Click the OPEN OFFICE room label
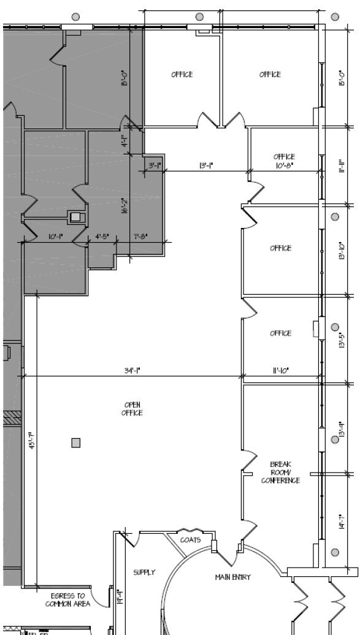tap(132, 409)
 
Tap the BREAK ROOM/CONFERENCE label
tap(280, 473)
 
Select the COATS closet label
tap(190, 540)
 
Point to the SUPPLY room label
tap(144, 572)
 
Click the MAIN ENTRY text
tap(232, 577)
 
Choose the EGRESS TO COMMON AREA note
tap(67, 599)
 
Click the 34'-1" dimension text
tap(132, 370)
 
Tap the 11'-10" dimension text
tap(280, 370)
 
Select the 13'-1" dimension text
tap(206, 165)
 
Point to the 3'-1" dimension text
tap(155, 165)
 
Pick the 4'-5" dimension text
tap(102, 237)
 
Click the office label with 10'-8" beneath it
tap(284, 157)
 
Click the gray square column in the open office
tap(76, 443)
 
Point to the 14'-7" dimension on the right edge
tap(342, 522)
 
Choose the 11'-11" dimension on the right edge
tap(342, 166)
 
